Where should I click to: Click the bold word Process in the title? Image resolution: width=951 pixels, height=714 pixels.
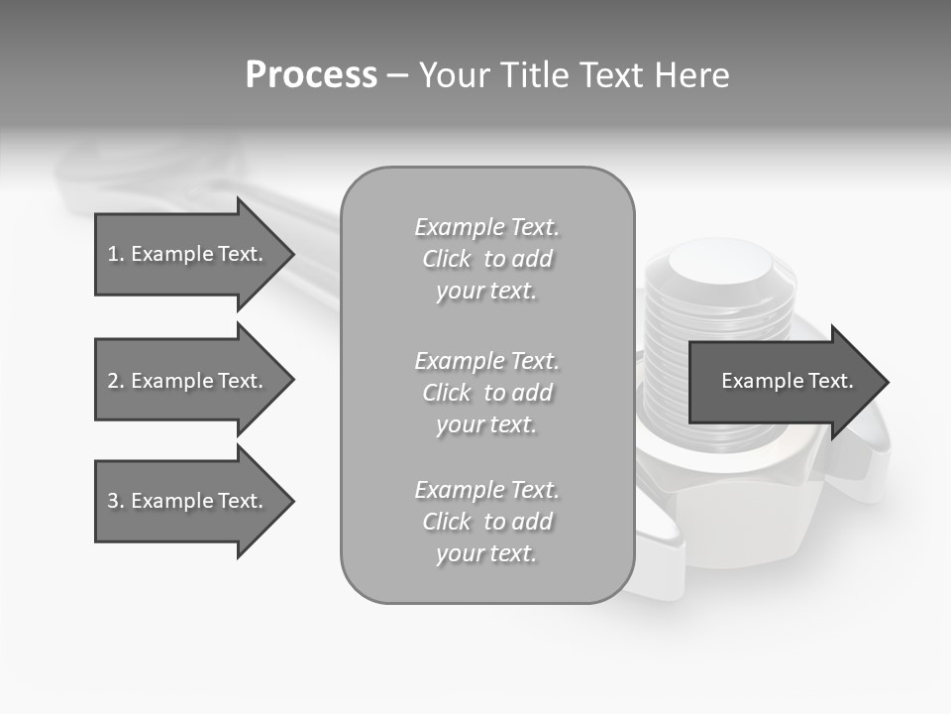[x=311, y=75]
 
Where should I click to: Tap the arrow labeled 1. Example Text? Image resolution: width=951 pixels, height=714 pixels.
[x=188, y=254]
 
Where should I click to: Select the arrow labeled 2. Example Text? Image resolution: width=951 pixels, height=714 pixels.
[x=188, y=381]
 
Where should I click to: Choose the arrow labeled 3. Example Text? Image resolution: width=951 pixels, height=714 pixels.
[x=188, y=501]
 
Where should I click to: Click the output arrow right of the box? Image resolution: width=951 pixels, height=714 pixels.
[x=783, y=382]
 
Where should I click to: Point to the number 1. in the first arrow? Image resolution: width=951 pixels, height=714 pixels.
[x=116, y=254]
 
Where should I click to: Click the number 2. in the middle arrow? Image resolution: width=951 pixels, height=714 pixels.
[x=116, y=381]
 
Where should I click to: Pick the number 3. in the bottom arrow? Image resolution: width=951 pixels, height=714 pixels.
[x=116, y=501]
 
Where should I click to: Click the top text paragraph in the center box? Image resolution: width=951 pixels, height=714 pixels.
[x=486, y=259]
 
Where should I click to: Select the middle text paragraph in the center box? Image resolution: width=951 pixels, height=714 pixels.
[x=486, y=393]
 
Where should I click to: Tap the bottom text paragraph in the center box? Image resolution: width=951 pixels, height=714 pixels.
[x=486, y=522]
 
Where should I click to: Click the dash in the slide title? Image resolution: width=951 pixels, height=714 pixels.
[x=397, y=75]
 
